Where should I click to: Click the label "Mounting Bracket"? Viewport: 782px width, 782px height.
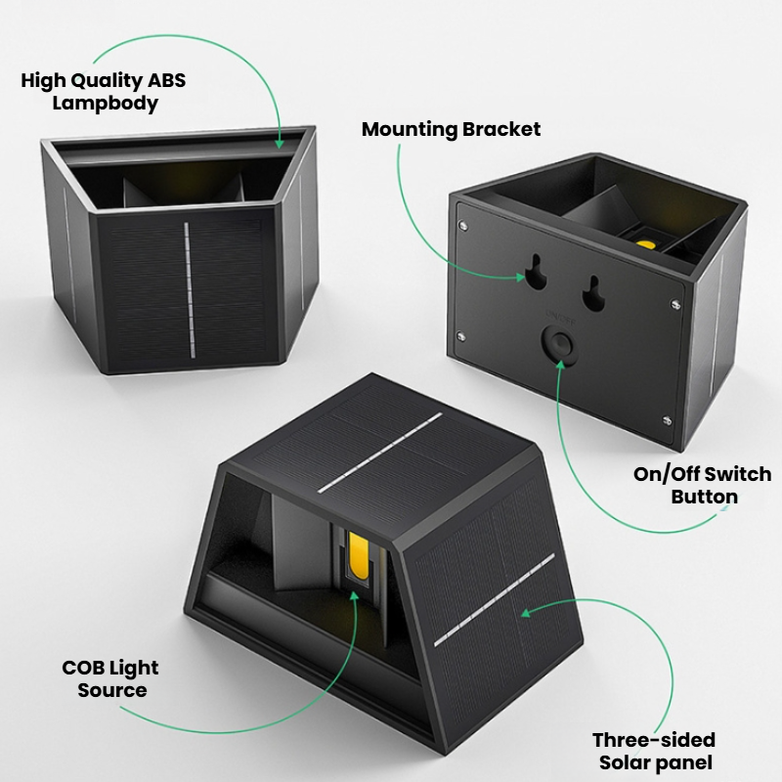pos(451,130)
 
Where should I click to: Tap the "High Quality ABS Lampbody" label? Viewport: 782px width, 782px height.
pos(104,92)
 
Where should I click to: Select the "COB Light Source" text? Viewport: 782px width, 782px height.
pos(110,678)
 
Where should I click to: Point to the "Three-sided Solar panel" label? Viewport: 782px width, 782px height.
pos(654,751)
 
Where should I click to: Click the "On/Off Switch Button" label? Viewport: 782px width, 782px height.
pos(702,485)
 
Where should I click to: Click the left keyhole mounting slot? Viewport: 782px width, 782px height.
pos(536,272)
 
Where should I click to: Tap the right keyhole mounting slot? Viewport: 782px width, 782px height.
pos(593,294)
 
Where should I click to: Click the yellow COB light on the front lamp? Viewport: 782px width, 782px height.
pos(358,555)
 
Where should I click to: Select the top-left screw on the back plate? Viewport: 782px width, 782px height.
pos(462,226)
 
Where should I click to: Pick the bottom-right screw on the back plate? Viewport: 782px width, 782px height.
pos(667,420)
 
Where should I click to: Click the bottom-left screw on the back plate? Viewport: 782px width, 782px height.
pos(460,336)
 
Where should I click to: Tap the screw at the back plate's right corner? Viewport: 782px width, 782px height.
pos(675,303)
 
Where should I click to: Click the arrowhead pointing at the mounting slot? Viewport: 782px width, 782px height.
pos(520,278)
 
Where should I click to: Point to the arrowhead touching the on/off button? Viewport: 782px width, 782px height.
pos(560,364)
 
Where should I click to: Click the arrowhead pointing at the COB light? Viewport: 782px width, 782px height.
pos(355,596)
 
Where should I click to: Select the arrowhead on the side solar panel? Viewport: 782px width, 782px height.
pos(526,612)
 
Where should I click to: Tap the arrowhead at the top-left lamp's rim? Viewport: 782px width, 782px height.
pos(280,144)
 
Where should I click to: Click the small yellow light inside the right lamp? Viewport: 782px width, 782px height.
pos(646,244)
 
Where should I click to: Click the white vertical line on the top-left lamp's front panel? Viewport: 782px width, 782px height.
pos(190,290)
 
